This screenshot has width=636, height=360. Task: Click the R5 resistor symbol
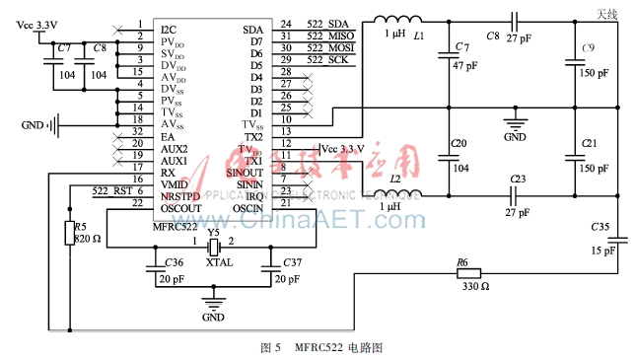pyautogui.click(x=68, y=234)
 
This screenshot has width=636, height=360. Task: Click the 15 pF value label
pyautogui.click(x=603, y=250)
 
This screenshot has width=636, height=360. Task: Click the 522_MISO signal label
pyautogui.click(x=339, y=36)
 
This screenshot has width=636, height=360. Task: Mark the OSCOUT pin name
pyautogui.click(x=180, y=208)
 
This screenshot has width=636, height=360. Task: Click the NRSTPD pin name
pyautogui.click(x=180, y=196)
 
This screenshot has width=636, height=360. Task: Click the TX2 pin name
pyautogui.click(x=251, y=137)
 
